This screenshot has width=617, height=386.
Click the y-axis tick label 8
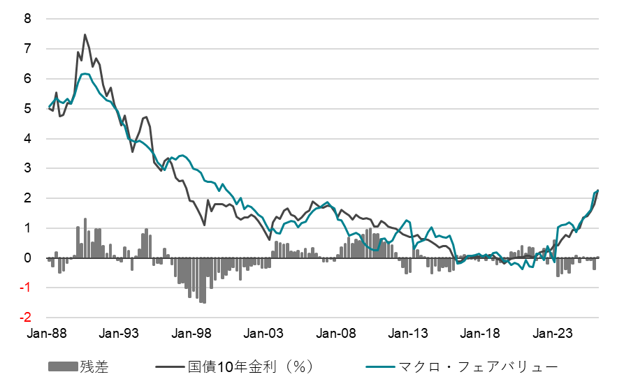coord(28,19)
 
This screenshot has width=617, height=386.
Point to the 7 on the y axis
coord(28,49)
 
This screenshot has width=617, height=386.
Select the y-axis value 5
coord(28,109)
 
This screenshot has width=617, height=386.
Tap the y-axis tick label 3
coord(28,168)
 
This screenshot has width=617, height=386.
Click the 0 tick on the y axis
coord(28,258)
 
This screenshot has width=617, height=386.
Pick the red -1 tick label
coord(26,288)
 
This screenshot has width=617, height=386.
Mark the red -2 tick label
coord(26,318)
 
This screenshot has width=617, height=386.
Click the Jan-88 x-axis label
coord(48,334)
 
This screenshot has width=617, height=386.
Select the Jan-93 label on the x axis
coord(120,334)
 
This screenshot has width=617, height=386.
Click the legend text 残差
coord(94,366)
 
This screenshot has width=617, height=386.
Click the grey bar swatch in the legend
coord(63,366)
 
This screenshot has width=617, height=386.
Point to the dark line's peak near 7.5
coord(85,34)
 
